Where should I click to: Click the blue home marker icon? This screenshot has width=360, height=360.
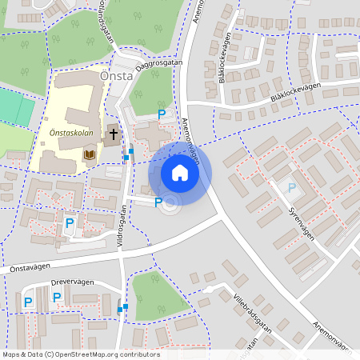(x=180, y=172)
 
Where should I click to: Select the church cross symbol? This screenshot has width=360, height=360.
(x=114, y=134)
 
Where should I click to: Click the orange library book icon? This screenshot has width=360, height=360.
(x=90, y=154)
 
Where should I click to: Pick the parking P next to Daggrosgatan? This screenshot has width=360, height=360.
(x=162, y=115)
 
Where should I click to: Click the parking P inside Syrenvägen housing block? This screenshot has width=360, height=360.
(x=292, y=188)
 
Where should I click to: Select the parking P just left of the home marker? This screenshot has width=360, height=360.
(x=158, y=202)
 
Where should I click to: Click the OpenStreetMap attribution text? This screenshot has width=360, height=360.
(x=80, y=354)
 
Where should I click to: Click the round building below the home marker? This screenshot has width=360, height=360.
(x=170, y=205)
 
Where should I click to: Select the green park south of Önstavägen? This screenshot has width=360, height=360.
(x=154, y=292)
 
